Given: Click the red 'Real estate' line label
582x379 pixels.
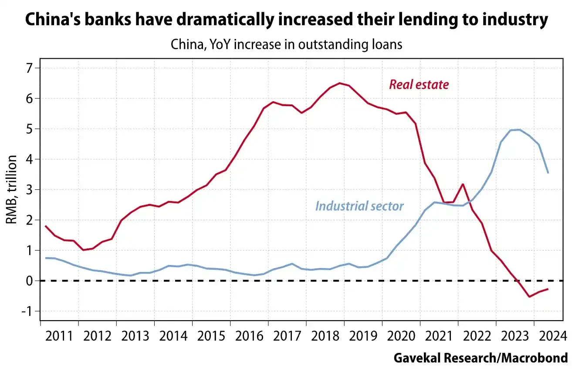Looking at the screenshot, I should (x=419, y=84).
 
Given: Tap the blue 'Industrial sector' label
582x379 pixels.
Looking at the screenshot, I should (x=359, y=206).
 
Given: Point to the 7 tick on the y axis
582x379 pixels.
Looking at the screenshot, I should (x=30, y=68).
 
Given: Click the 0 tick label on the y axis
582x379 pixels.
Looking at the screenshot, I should (x=30, y=281).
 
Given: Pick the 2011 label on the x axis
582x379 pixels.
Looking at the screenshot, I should (x=59, y=336).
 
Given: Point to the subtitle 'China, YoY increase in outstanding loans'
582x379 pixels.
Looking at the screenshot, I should (x=286, y=44).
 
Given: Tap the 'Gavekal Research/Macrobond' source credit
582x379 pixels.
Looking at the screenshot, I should (x=481, y=358).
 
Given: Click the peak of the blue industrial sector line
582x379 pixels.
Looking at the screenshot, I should (x=519, y=130).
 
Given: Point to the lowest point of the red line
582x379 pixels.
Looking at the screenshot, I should (x=529, y=297).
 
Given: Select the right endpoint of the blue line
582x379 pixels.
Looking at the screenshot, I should (x=548, y=173).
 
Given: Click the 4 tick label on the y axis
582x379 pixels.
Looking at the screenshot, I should (x=30, y=160).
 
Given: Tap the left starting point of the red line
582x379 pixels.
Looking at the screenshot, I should (x=46, y=226).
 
